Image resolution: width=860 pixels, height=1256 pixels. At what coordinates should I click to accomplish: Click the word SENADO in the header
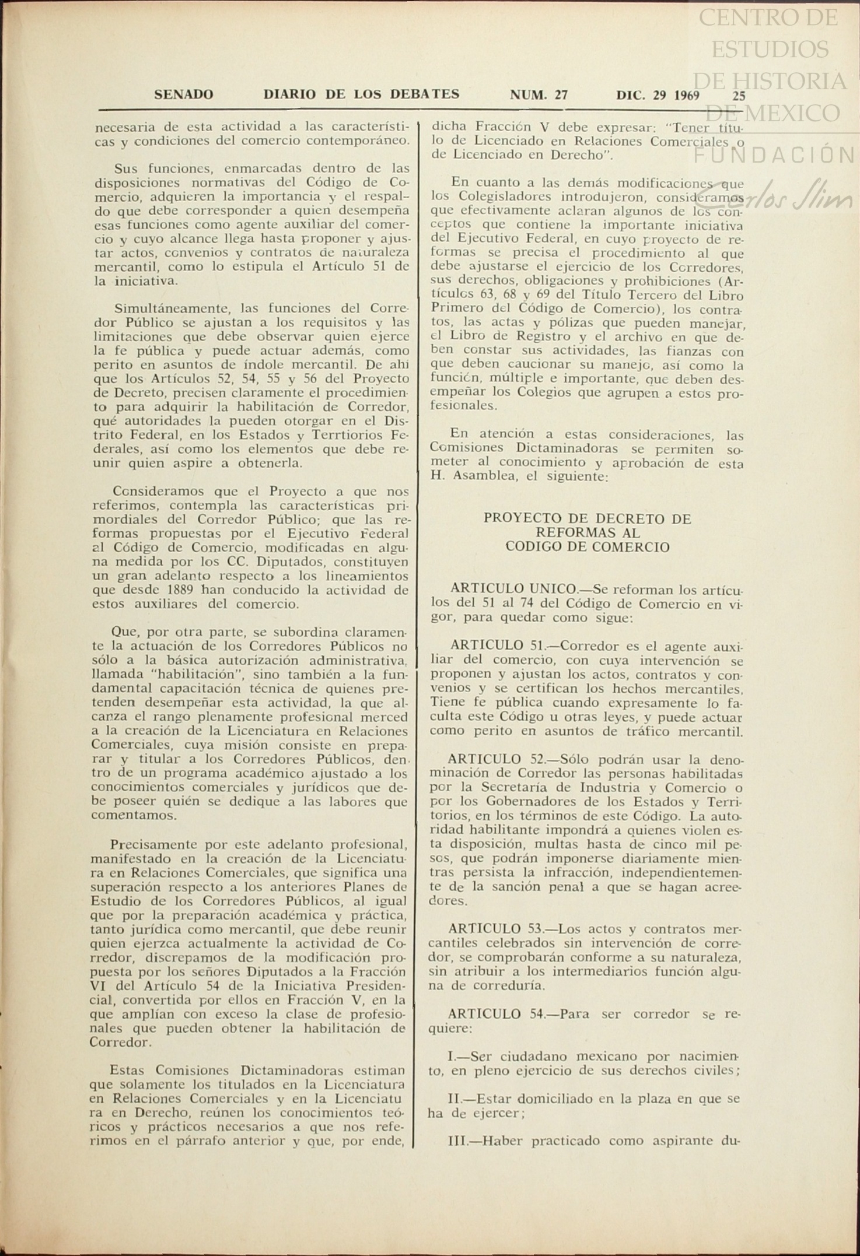pos(183,94)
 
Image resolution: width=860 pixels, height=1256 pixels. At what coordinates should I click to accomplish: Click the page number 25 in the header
pos(739,96)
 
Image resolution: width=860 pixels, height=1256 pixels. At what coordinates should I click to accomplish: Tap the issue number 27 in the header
pos(561,95)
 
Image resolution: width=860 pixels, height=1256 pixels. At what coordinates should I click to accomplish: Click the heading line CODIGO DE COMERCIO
pos(587,547)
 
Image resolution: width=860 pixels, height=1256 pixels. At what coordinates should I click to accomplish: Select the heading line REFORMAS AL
pos(587,533)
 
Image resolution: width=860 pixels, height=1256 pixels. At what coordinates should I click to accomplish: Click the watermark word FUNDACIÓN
pos(775,155)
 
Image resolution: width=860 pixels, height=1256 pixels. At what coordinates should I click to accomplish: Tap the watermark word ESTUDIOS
pos(770,49)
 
